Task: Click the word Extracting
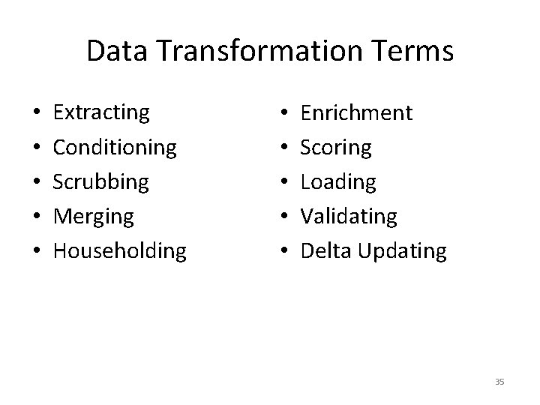point(102,112)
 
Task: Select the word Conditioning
point(115,148)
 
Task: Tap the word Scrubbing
point(101,182)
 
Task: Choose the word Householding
point(120,251)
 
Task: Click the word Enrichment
point(356,113)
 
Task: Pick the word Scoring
point(336,148)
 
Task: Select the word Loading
point(338,182)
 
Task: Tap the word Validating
point(349,217)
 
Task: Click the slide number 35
point(499,382)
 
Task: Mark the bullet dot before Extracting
point(37,114)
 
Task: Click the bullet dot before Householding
point(37,253)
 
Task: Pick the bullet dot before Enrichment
point(283,114)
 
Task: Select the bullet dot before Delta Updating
point(283,253)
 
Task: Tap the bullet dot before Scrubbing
point(37,184)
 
